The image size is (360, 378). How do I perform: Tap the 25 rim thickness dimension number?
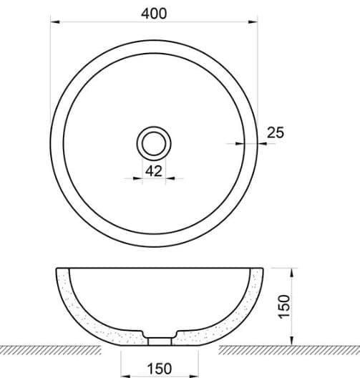click(x=276, y=132)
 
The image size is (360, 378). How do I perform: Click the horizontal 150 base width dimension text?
click(x=159, y=368)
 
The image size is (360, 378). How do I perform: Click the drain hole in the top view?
click(x=153, y=143)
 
